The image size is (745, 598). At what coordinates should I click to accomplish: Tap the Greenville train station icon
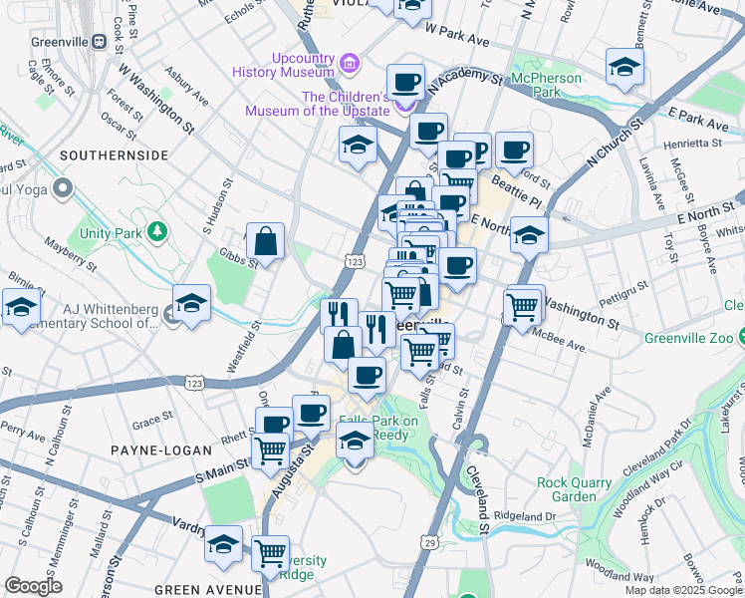pyautogui.click(x=100, y=42)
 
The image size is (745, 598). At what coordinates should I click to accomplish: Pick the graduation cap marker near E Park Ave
pyautogui.click(x=624, y=68)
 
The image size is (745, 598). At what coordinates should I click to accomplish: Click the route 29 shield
pyautogui.click(x=429, y=541)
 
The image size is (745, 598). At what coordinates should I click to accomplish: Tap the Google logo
pyautogui.click(x=33, y=586)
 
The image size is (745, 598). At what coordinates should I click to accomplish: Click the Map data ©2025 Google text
pyautogui.click(x=684, y=590)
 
